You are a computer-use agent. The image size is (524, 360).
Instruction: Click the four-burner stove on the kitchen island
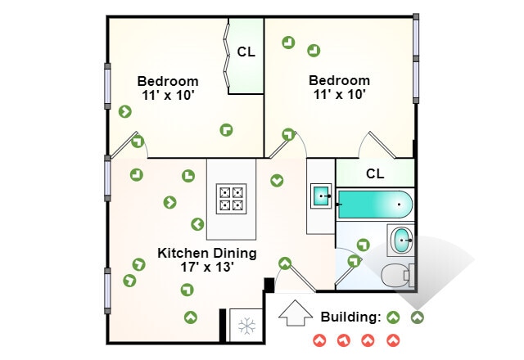pyautogui.click(x=231, y=199)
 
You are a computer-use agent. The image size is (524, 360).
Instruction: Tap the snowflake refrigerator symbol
pyautogui.click(x=246, y=326)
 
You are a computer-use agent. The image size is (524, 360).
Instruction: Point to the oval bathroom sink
pyautogui.click(x=401, y=241)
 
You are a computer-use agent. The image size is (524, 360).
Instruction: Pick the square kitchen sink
pyautogui.click(x=321, y=196)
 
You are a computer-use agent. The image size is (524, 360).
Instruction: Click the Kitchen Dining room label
pyautogui.click(x=206, y=253)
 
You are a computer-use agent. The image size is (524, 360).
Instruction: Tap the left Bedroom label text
pyautogui.click(x=168, y=81)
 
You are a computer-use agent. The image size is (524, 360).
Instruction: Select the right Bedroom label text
pyautogui.click(x=339, y=80)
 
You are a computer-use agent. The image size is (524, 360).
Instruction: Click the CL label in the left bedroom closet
pyautogui.click(x=246, y=52)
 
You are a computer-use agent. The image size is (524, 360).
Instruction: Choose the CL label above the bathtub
pyautogui.click(x=375, y=173)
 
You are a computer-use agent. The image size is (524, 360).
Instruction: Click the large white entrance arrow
pyautogui.click(x=296, y=312)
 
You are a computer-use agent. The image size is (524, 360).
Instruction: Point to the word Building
pyautogui.click(x=350, y=317)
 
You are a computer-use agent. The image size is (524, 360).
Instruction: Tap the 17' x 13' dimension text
pyautogui.click(x=206, y=267)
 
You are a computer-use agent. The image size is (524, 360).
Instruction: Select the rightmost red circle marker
pyautogui.click(x=393, y=340)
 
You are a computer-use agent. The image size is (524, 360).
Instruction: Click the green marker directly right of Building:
pyautogui.click(x=393, y=317)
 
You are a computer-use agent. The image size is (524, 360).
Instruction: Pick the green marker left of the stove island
pyautogui.click(x=197, y=223)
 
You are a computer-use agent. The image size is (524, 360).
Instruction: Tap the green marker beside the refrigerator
pyautogui.click(x=191, y=317)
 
